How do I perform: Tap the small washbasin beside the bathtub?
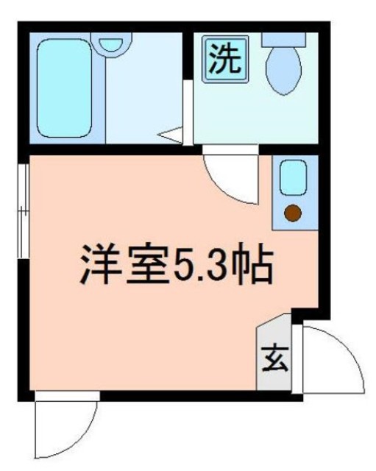click(x=113, y=43)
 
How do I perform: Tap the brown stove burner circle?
click(x=293, y=214)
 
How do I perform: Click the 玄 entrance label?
click(x=274, y=361)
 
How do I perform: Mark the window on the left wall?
click(x=24, y=210)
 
